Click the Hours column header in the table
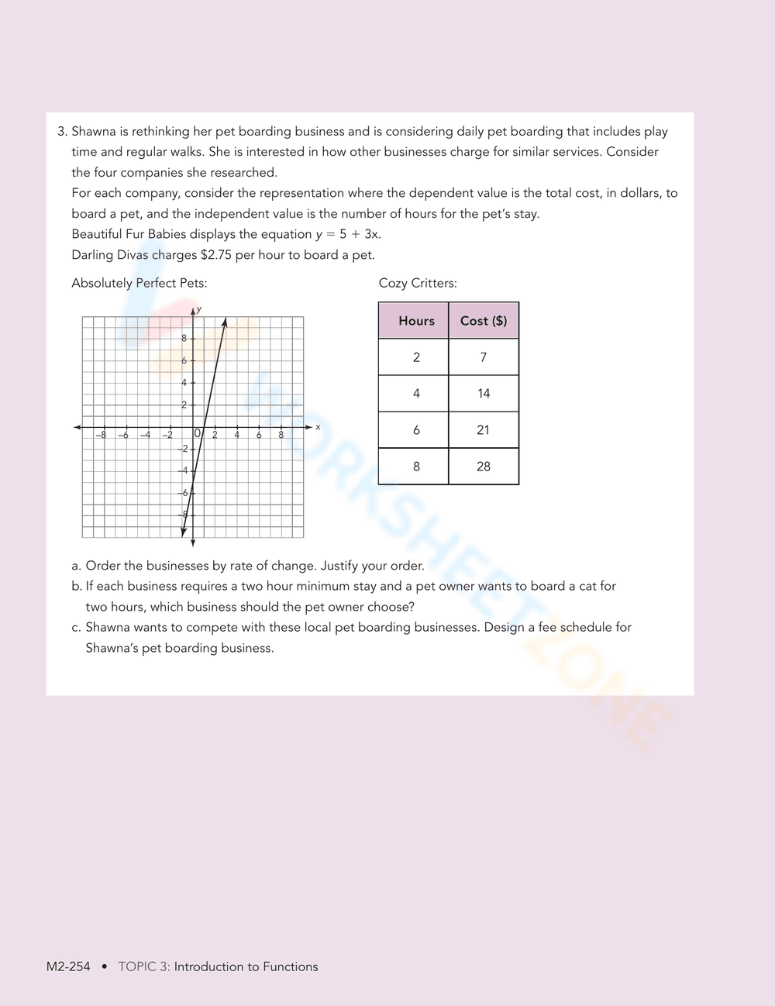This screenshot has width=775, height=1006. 416,321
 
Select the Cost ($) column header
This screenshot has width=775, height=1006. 484,321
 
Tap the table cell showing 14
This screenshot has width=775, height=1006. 484,394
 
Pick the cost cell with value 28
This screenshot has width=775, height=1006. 484,467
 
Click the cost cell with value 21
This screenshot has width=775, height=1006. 484,430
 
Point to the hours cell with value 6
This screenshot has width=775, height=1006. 416,430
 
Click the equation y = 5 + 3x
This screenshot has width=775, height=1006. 348,234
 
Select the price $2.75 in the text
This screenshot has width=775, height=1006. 215,255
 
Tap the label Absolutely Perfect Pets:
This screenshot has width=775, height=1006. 139,283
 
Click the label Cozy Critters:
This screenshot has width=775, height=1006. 418,283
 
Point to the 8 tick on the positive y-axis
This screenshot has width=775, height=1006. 184,338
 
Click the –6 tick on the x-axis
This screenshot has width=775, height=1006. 123,435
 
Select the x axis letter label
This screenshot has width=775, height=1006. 318,427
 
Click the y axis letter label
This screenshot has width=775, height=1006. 199,309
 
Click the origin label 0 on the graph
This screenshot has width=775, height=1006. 197,434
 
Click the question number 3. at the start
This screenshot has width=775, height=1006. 63,132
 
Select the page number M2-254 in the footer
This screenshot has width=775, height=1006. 68,966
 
